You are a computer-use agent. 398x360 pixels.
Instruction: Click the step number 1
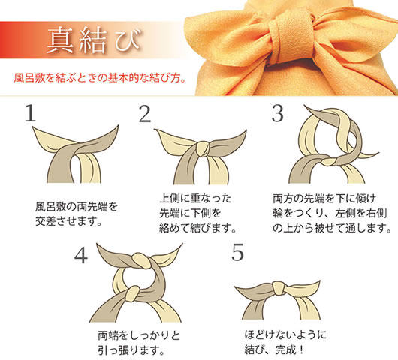[31, 113]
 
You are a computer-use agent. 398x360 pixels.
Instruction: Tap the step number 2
[145, 114]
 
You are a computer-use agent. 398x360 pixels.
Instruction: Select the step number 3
[277, 114]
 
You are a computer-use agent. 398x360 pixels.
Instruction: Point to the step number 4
[81, 255]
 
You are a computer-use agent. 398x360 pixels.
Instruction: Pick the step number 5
[237, 252]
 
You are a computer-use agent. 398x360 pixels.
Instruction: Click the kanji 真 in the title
[60, 40]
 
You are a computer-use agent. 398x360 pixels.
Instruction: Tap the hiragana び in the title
[128, 40]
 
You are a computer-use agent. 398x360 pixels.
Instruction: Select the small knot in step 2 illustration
[203, 149]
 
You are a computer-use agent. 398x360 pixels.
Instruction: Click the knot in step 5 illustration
[279, 288]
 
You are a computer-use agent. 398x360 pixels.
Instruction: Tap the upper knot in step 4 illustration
[140, 259]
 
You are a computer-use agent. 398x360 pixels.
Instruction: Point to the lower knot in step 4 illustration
[133, 293]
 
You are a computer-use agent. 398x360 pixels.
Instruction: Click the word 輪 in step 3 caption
[278, 213]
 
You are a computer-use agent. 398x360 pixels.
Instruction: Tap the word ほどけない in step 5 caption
[270, 334]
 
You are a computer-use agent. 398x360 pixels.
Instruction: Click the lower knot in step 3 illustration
[328, 161]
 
